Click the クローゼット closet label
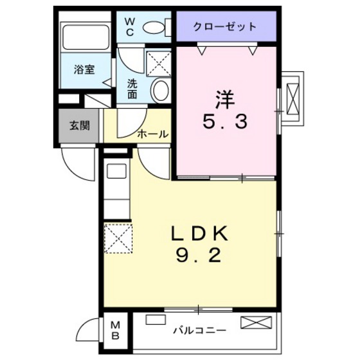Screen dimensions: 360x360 coord(226,27)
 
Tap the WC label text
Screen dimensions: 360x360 coord(129,26)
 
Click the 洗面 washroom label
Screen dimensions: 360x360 coord(132,88)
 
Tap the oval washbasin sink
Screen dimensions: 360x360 coord(160,89)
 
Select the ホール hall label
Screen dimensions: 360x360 coord(153,134)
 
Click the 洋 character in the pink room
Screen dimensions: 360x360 coord(225,100)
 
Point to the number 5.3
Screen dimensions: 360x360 coord(225,123)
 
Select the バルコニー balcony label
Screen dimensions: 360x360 coord(199,330)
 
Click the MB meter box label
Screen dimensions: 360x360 coord(116,329)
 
